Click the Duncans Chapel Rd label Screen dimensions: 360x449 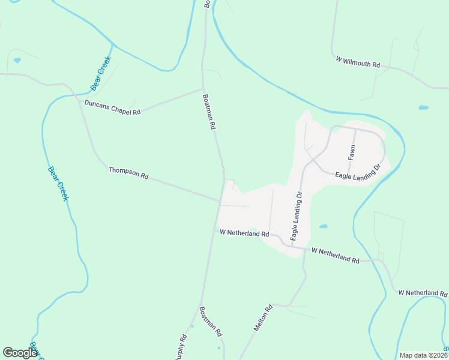(x=112, y=107)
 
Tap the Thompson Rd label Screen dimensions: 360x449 (x=128, y=173)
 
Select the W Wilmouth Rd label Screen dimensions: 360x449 (x=358, y=61)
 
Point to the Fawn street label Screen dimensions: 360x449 (x=352, y=153)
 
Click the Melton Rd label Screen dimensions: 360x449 (x=264, y=317)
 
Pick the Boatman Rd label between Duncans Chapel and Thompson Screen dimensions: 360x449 (x=209, y=112)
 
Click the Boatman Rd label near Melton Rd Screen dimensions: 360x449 (x=211, y=322)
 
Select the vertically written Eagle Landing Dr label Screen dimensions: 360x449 (x=295, y=216)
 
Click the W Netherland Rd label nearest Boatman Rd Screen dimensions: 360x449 (x=244, y=233)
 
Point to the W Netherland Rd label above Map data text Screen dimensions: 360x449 (x=423, y=293)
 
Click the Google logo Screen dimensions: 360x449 (x=20, y=353)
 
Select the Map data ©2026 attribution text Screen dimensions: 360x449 (x=424, y=355)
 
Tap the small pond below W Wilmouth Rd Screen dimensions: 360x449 (x=423, y=107)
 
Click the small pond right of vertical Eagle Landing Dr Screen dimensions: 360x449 (x=324, y=227)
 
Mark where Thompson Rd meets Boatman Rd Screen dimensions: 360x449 (x=220, y=200)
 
